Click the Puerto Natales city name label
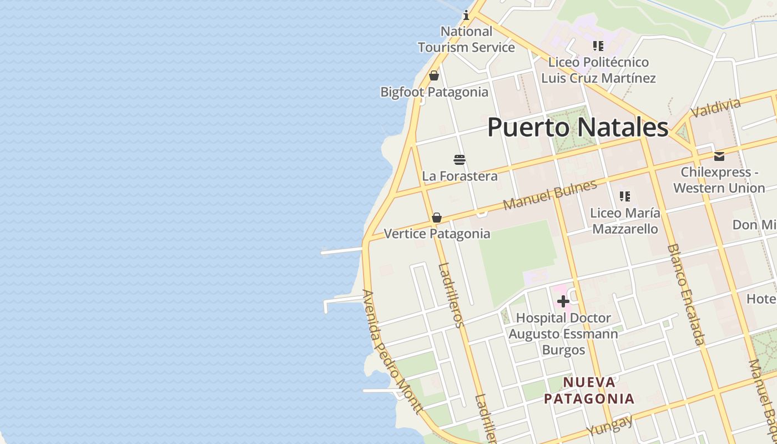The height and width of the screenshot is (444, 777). point(577,127)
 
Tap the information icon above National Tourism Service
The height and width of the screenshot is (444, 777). point(466,16)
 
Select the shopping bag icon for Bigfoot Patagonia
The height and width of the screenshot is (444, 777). point(434,75)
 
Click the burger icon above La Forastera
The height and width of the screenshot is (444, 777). point(460,160)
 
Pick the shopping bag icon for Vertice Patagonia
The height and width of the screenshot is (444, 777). point(437,218)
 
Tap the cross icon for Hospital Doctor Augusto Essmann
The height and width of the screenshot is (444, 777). point(563,301)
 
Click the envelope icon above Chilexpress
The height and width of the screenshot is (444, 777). point(719,156)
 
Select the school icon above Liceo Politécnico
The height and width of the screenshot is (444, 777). point(598,46)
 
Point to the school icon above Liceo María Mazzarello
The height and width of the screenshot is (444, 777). point(625,196)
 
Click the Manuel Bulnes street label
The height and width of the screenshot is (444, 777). point(549,195)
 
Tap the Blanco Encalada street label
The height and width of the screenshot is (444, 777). point(686,294)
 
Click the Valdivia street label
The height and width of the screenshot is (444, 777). point(715,108)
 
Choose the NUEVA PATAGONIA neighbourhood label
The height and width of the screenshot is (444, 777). point(589,390)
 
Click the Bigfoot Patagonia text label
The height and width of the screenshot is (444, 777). point(434,92)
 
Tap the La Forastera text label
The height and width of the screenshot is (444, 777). point(460,176)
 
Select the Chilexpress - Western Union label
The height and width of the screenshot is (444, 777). point(719,180)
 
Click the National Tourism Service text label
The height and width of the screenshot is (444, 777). point(466,39)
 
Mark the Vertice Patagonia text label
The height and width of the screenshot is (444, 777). point(437,234)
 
